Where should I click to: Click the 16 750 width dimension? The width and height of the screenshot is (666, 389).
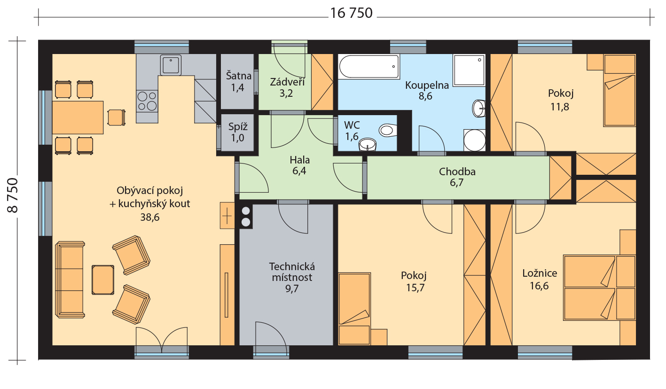(x=351, y=13)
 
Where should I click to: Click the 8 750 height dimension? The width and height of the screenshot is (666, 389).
(x=13, y=195)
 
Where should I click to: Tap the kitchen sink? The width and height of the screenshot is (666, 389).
(x=171, y=65)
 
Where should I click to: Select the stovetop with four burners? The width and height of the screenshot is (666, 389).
(x=147, y=101)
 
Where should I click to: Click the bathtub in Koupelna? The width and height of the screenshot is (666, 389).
(x=368, y=67)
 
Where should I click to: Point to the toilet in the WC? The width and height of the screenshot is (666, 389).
(x=388, y=130)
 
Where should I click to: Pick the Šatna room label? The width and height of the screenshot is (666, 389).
(x=238, y=76)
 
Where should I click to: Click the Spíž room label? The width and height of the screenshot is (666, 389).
(x=238, y=127)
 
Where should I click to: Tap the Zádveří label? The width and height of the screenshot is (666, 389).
(x=287, y=82)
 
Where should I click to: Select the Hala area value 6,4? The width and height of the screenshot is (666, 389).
(x=299, y=171)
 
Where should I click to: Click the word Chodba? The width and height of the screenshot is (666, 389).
(x=457, y=171)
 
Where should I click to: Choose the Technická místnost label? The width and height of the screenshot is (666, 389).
(x=292, y=272)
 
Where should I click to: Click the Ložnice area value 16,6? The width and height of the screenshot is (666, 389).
(x=539, y=286)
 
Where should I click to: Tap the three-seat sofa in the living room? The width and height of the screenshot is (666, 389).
(x=70, y=280)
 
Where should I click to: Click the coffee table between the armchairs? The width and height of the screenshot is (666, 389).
(x=103, y=280)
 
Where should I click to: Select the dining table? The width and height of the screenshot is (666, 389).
(x=78, y=117)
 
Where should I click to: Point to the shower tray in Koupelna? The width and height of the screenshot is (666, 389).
(x=469, y=70)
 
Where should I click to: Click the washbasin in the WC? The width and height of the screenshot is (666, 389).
(x=368, y=145)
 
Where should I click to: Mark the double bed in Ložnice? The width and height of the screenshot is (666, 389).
(x=599, y=288)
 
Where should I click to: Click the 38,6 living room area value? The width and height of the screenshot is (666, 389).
(x=150, y=217)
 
